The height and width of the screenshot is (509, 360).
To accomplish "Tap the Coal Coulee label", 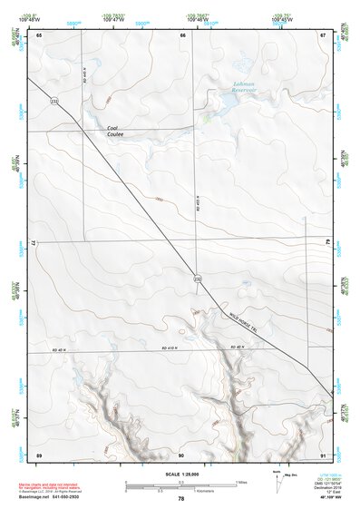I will (114, 132).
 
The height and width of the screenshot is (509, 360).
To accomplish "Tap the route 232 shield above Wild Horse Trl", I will (197, 279).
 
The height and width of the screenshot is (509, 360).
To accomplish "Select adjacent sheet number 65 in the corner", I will (39, 34).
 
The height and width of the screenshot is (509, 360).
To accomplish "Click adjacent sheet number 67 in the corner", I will (323, 34).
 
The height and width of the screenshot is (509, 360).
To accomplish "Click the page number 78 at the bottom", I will (181, 499).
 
